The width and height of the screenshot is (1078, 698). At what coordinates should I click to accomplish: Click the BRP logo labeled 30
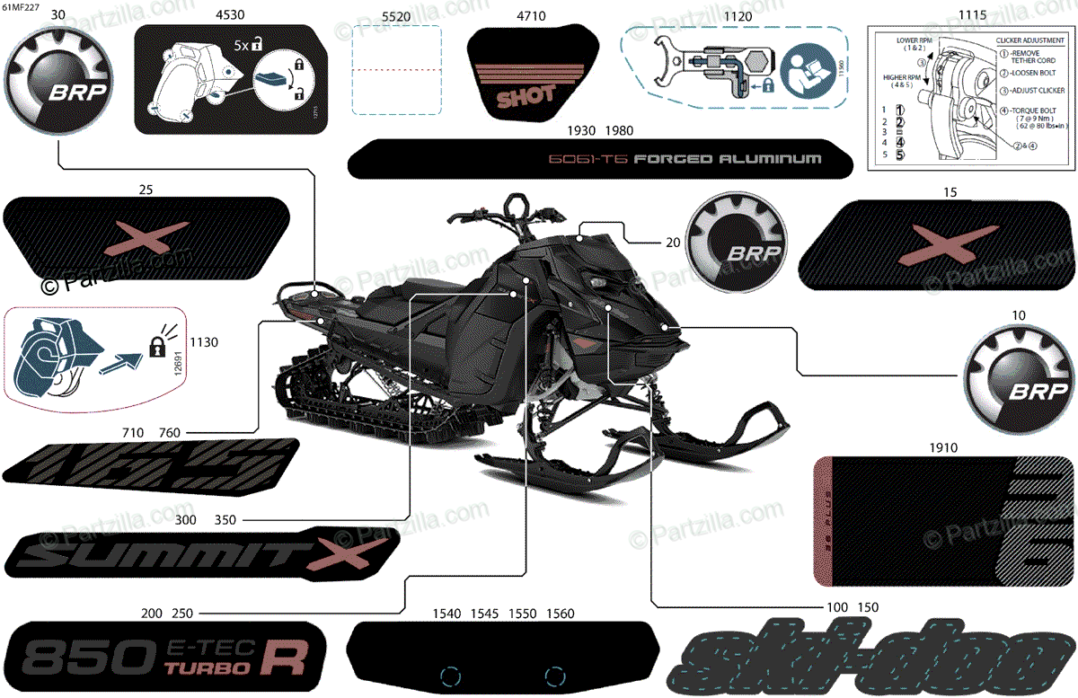point(58,82)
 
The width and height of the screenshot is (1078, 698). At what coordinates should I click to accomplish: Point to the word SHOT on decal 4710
point(526,94)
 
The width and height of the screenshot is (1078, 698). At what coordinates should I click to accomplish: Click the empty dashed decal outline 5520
point(395,70)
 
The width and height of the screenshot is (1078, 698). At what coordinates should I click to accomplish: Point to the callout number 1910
point(943,446)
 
